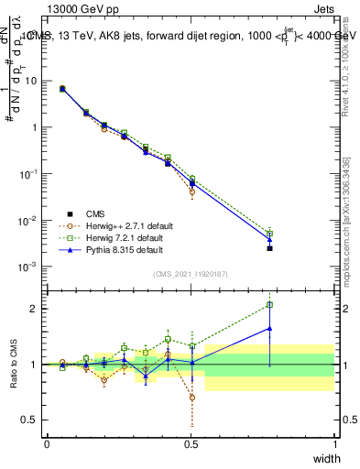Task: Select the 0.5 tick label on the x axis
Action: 191,443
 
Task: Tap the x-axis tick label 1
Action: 334,443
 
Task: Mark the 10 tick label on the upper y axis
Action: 31,81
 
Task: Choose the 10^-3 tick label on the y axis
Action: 28,267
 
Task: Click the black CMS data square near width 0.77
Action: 269,248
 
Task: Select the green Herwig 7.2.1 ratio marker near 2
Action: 269,305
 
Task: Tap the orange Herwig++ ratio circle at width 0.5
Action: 191,398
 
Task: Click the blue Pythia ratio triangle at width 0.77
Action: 269,328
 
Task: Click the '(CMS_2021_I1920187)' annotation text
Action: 190,274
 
